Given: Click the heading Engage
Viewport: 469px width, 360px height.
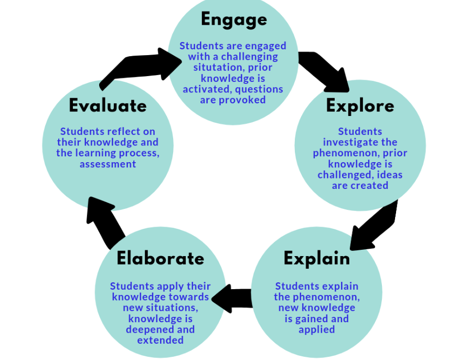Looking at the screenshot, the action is tap(234, 20).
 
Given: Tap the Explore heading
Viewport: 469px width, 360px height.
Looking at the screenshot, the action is tap(360, 106).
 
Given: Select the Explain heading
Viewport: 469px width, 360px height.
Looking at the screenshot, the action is tap(317, 259).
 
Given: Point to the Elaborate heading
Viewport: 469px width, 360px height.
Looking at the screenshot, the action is tap(161, 258).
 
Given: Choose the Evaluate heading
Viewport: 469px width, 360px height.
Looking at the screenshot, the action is tap(108, 105).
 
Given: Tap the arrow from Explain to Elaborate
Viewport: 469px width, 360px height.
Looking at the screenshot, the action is tap(232, 299).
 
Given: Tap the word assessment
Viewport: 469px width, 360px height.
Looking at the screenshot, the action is tap(108, 164).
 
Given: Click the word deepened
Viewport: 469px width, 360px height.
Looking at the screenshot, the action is tap(149, 330).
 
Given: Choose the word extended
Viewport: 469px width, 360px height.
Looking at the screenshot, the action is tap(161, 340).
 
